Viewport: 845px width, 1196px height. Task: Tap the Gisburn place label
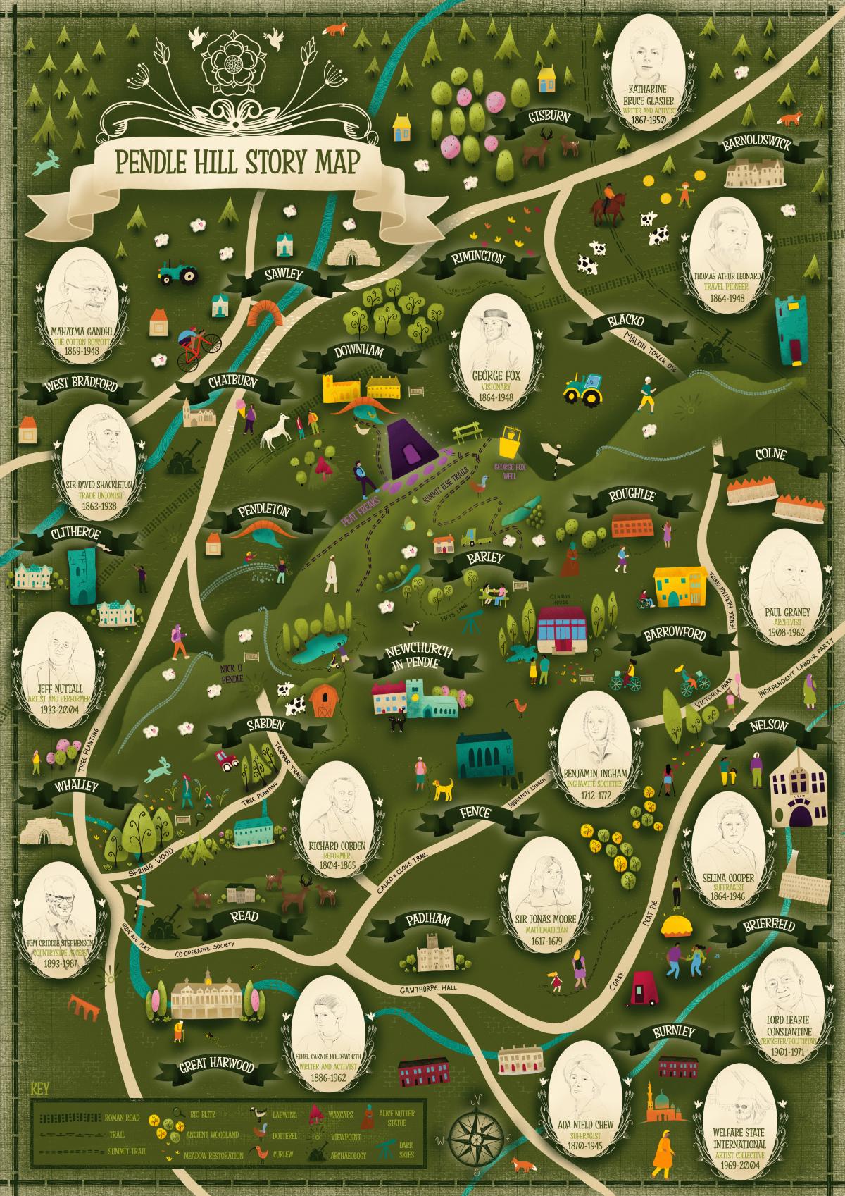(549, 117)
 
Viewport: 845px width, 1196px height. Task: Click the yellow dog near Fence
(443, 788)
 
